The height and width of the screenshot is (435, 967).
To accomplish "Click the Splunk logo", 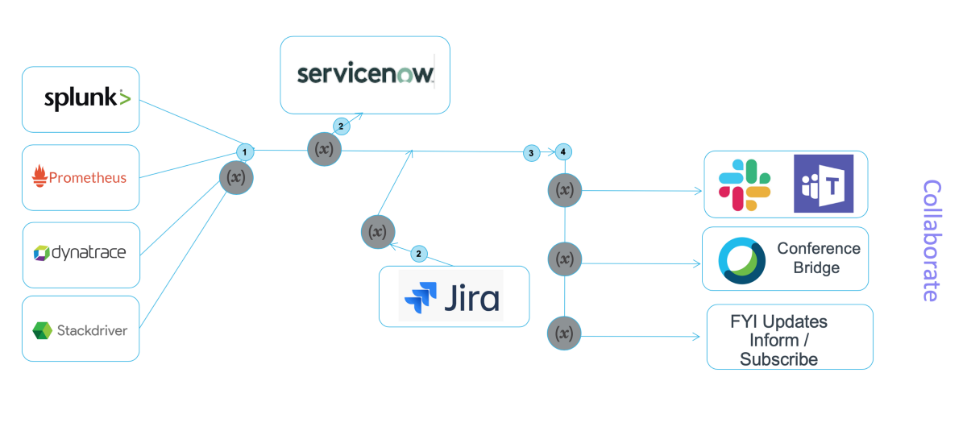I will tap(87, 98).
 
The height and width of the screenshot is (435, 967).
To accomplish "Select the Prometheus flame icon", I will tap(39, 176).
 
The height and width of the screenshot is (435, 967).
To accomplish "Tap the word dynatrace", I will tap(89, 253).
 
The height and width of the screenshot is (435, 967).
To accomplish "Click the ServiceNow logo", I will tap(365, 74).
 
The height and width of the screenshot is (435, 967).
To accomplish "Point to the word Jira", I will tap(471, 298).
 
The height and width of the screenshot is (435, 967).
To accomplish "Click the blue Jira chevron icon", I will tap(420, 298).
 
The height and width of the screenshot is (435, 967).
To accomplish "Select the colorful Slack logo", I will tap(744, 184).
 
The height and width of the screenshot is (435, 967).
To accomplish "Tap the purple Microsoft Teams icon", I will tap(823, 184).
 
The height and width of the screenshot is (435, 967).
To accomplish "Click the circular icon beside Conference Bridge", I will tap(741, 260).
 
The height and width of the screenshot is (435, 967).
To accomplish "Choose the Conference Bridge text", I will tap(818, 258).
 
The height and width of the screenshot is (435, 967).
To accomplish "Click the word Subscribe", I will tap(778, 359).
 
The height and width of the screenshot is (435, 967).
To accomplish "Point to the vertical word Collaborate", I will tap(931, 240).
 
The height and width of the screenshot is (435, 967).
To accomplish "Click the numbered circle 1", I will tap(244, 151).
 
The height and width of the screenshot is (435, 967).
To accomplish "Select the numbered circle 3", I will tap(530, 152).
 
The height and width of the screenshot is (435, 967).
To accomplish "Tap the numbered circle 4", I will tap(563, 151).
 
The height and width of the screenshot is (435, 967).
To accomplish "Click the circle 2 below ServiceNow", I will tap(341, 126).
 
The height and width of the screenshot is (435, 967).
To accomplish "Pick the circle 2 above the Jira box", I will tap(418, 254).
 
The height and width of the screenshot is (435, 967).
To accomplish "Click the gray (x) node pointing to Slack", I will tap(565, 190).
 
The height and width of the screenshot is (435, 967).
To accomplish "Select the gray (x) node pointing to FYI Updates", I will tap(564, 333).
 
